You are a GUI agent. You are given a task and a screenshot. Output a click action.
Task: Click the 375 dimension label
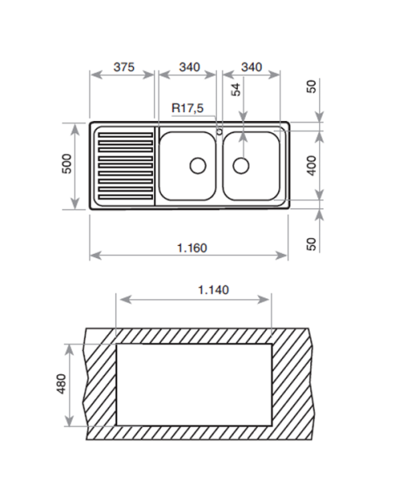[124, 67]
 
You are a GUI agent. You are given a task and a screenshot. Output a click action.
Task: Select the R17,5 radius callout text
[187, 108]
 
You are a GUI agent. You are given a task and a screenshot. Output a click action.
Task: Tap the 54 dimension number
[236, 90]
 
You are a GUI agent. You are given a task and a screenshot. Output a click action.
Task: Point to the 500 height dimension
[67, 164]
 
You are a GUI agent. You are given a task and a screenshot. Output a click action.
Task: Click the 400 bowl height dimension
[312, 165]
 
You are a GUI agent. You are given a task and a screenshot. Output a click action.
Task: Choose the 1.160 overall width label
[192, 248]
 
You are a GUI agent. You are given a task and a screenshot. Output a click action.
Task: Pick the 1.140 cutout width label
[214, 290]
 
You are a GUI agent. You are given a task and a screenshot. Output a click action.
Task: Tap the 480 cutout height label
[61, 384]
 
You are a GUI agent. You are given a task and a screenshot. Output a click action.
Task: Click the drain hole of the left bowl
[197, 166]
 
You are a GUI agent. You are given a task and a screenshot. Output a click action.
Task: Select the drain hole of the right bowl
[241, 166]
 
